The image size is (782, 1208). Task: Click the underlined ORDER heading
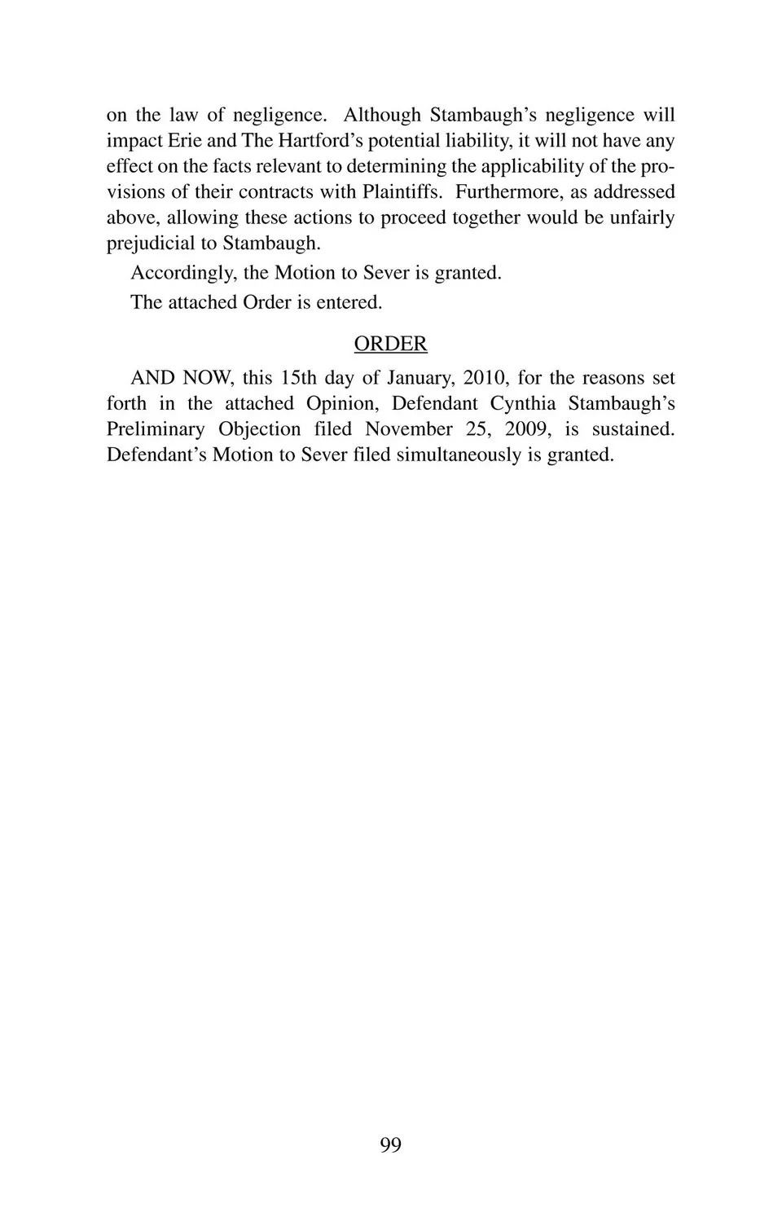[x=390, y=344]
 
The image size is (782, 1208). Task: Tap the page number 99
[x=390, y=1145]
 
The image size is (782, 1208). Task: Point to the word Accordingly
[x=183, y=273]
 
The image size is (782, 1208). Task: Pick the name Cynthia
[x=522, y=404]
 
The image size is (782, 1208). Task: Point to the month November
[x=408, y=429]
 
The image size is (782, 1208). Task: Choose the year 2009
[x=525, y=429]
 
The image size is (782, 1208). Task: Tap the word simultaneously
[x=452, y=455]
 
